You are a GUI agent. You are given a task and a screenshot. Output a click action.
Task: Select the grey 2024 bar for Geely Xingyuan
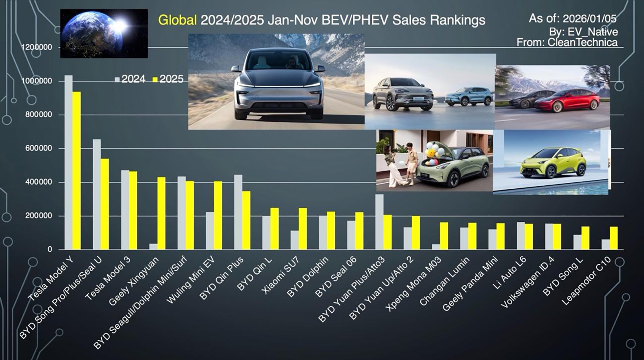pos(153,246)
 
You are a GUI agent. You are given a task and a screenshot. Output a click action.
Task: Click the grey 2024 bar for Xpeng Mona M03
pos(436,247)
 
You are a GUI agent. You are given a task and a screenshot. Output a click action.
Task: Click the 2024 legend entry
pos(131,79)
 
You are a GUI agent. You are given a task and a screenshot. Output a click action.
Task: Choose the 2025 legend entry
pos(168,79)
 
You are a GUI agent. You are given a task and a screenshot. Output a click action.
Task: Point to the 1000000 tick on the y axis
pos(37,81)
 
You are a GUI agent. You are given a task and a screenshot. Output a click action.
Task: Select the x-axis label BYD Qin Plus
pos(222,278)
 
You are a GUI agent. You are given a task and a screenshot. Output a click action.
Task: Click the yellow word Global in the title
pos(177,20)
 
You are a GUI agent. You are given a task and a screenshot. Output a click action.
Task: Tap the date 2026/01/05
pos(589,18)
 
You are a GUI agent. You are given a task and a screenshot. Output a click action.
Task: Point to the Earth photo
pos(104,33)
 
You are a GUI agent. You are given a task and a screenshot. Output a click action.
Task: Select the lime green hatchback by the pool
pos(553,163)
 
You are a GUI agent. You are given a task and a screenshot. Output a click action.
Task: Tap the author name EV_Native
pos(592,32)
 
